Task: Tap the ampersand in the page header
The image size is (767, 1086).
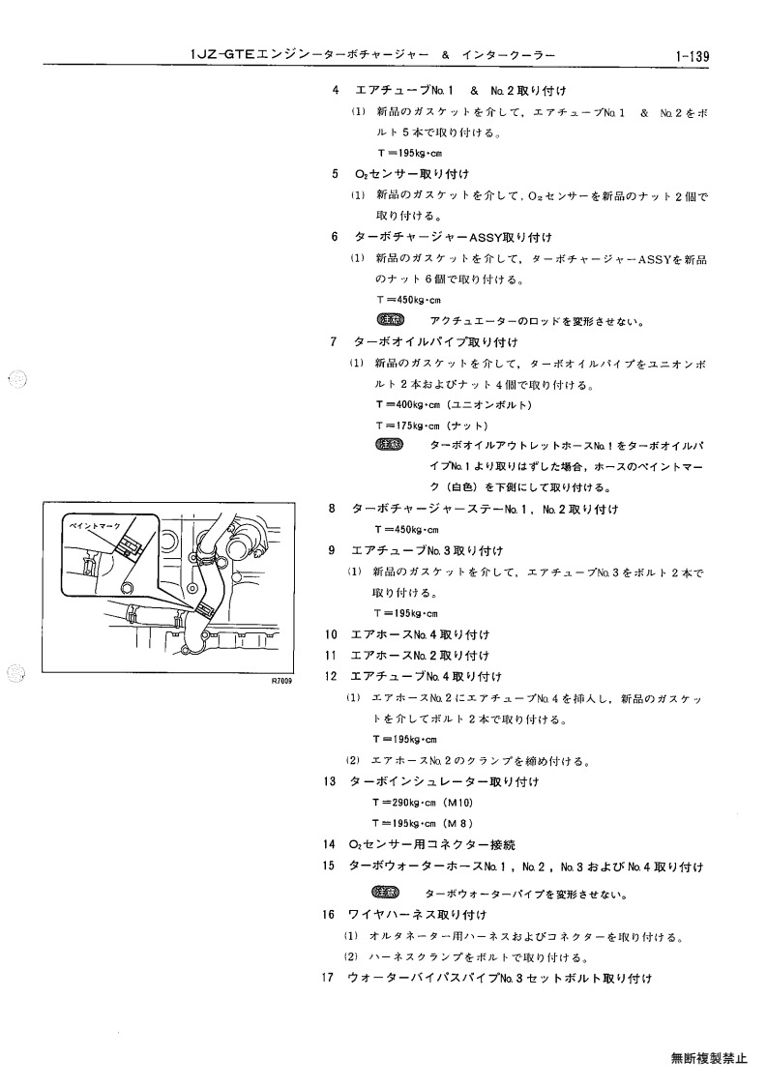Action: coord(446,55)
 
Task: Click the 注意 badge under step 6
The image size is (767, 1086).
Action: coord(390,320)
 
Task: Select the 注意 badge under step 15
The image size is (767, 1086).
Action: coord(386,892)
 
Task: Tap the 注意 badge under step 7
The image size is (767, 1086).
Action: coord(390,445)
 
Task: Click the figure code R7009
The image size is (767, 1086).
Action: coord(281,682)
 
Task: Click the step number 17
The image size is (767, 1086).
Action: coord(328,978)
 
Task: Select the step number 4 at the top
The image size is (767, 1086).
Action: coord(336,90)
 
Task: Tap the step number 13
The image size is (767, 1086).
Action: coord(329,781)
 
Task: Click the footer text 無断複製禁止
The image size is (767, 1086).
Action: coord(710,1058)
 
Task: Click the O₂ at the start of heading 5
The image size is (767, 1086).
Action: coord(362,174)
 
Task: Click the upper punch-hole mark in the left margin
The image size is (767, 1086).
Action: coord(17,379)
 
